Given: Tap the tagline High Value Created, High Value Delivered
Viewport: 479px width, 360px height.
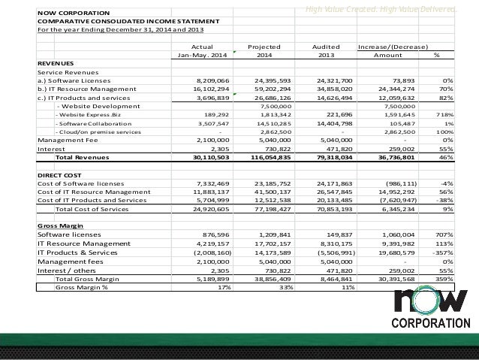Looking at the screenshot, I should [x=375, y=8].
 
